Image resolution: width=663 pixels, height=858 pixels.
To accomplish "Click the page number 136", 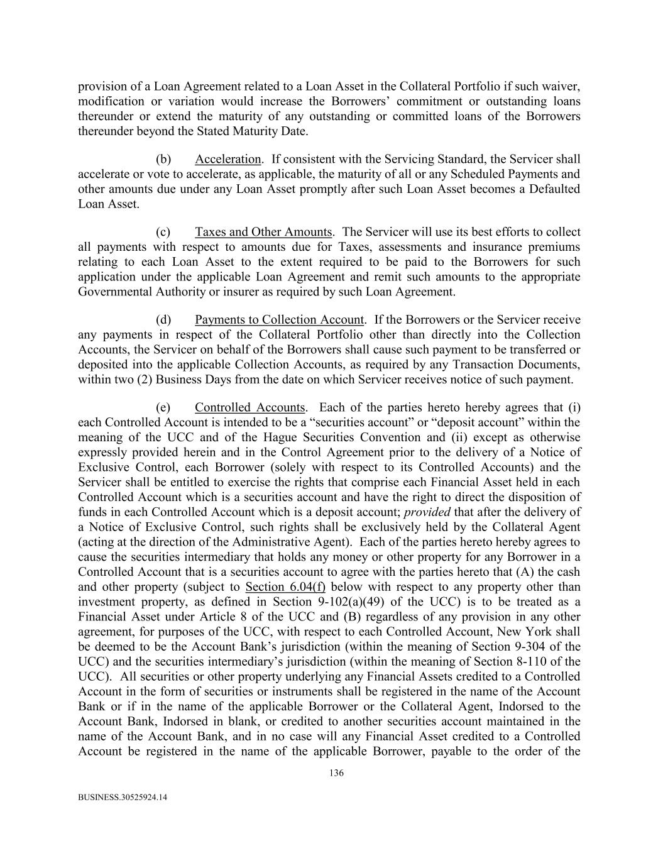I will pos(336,773).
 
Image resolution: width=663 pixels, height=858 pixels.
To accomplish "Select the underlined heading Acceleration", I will pos(227,159).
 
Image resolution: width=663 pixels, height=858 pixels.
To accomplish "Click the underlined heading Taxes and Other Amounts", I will pos(263,232).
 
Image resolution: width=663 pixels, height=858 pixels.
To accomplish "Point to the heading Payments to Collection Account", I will pos(279,320).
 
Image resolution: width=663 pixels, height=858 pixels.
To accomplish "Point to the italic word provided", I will pos(427,512).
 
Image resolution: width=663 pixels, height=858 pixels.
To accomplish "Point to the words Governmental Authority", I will pos(139,292).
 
